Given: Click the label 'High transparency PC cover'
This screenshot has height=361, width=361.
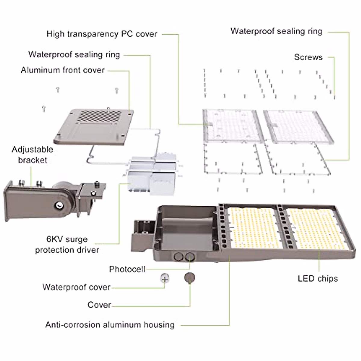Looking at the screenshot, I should (102, 34).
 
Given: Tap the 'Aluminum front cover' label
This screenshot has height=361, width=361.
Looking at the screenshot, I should (63, 70).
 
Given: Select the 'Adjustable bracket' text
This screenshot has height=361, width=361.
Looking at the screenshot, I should (32, 155).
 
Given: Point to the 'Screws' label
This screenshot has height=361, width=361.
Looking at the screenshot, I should (308, 57).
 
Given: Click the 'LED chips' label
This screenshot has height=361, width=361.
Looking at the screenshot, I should (318, 279).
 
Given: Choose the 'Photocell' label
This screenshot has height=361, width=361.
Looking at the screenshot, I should (127, 269).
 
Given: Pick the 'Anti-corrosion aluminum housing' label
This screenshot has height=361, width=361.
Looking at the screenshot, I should (110, 325).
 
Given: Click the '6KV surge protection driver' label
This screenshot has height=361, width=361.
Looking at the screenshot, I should (67, 245).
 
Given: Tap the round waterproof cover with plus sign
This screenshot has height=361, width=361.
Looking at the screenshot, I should (165, 279).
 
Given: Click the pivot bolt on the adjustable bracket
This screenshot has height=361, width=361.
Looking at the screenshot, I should (58, 205).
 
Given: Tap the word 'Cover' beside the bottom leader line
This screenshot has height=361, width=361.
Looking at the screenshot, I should (99, 305).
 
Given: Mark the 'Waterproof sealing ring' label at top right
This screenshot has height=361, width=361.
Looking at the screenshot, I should (276, 31).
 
